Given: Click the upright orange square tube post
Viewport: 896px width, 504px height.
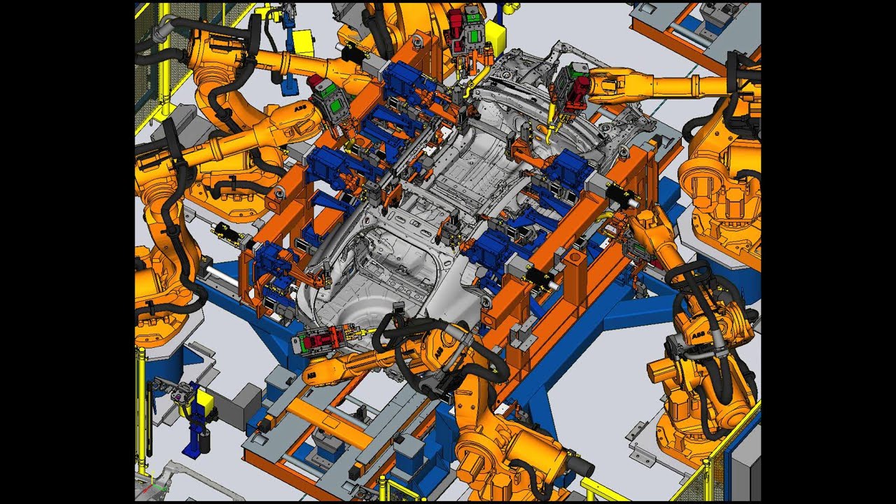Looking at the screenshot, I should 574,277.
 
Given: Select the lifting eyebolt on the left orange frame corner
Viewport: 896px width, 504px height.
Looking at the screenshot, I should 280,193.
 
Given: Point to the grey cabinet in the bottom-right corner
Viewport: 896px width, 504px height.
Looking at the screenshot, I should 745,463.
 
